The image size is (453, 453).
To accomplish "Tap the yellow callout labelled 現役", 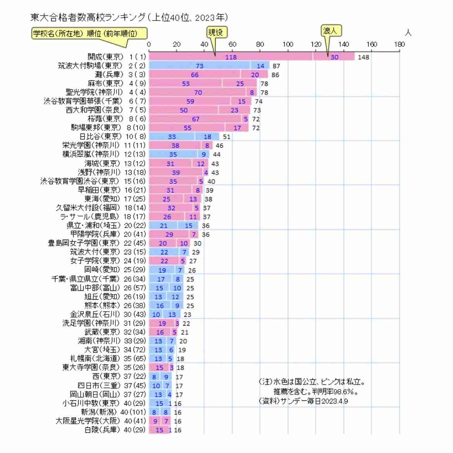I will coord(216,33).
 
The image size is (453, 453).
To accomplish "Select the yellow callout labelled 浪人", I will coord(331,31).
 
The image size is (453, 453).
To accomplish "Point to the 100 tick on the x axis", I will coord(288,44).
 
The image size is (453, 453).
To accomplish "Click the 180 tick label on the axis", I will coord(399,44).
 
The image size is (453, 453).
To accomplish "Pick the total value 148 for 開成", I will coord(363,57).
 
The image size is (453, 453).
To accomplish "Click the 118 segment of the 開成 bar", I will coord(231,57).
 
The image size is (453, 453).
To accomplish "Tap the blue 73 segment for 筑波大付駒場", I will coord(199,66).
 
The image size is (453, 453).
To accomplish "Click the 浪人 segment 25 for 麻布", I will coord(240,84).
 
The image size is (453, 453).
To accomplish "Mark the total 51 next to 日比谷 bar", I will coord(226,137).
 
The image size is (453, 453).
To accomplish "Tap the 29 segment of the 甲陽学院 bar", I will coord(169,234).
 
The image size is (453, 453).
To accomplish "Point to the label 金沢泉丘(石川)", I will coord(95,314).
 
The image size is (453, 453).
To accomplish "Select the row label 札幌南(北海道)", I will coord(95,358).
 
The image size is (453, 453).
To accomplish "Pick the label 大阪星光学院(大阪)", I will coord(88,420).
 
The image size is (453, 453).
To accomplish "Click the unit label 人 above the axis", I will coord(408,33).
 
